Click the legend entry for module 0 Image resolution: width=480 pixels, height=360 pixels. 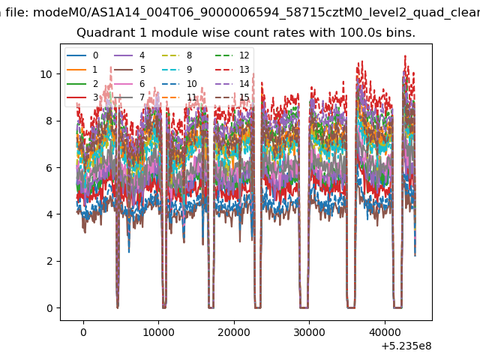(x=82, y=55)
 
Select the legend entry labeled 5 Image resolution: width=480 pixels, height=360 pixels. (x=130, y=70)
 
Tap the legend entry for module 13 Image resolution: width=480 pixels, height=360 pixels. (x=232, y=70)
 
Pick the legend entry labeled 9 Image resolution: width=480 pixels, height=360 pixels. (x=177, y=70)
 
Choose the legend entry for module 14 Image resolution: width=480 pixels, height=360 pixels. (x=232, y=83)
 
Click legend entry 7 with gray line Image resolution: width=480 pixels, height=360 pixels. (x=130, y=97)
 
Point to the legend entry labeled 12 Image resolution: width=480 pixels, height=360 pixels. (x=232, y=55)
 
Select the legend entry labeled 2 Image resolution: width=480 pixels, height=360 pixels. (x=82, y=83)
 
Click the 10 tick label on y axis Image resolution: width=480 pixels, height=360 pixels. (x=46, y=74)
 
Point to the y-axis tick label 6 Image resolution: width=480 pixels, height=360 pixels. (x=49, y=168)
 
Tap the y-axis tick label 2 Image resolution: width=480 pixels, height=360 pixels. (x=49, y=262)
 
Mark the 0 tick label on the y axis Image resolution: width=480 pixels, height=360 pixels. (x=49, y=308)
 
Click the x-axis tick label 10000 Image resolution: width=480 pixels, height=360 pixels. (x=158, y=332)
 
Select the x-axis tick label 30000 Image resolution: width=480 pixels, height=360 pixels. (x=309, y=332)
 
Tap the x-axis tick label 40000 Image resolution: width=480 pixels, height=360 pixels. (x=385, y=332)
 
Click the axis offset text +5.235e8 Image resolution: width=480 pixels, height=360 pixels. (x=406, y=346)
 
